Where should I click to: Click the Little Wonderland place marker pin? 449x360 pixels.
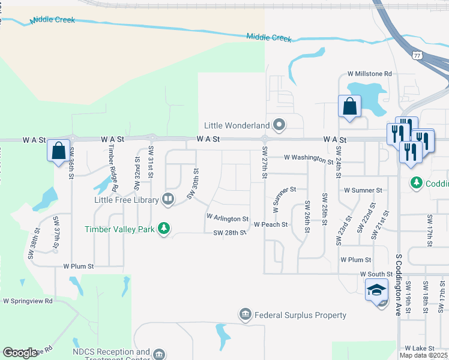(x=279, y=125)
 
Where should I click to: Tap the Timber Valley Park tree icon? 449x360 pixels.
(x=163, y=229)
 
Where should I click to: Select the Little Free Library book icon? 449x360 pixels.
(x=169, y=200)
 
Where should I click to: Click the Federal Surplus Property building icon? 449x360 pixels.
(x=245, y=315)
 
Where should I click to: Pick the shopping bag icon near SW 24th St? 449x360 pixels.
(x=349, y=107)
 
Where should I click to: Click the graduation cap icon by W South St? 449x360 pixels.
(x=376, y=290)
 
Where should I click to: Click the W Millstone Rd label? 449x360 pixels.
(x=369, y=74)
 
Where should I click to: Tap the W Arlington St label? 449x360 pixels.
(x=228, y=218)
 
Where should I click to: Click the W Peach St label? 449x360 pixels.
(x=271, y=224)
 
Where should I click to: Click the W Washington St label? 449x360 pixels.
(x=309, y=158)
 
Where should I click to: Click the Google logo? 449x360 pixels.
(x=19, y=353)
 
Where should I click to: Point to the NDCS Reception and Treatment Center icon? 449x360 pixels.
(x=158, y=355)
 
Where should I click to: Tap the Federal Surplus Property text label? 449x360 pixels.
(x=300, y=315)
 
